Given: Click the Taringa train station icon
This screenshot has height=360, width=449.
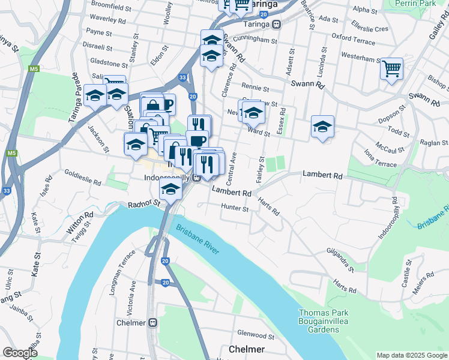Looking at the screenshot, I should click(276, 25).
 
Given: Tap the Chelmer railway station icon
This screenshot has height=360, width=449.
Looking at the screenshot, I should click(153, 323).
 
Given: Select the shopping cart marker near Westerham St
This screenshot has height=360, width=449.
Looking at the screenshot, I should click(391, 69).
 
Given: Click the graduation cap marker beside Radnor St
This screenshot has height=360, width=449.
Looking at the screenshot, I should click(171, 190).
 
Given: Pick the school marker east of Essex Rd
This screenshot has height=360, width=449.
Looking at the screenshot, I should click(323, 127).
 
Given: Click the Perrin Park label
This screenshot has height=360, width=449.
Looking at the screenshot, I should click(416, 4).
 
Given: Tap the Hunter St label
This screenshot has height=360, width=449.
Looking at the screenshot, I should click(235, 209).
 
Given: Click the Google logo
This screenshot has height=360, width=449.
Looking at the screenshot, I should click(20, 352).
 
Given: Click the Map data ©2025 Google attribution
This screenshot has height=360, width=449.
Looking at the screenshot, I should click(412, 355).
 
